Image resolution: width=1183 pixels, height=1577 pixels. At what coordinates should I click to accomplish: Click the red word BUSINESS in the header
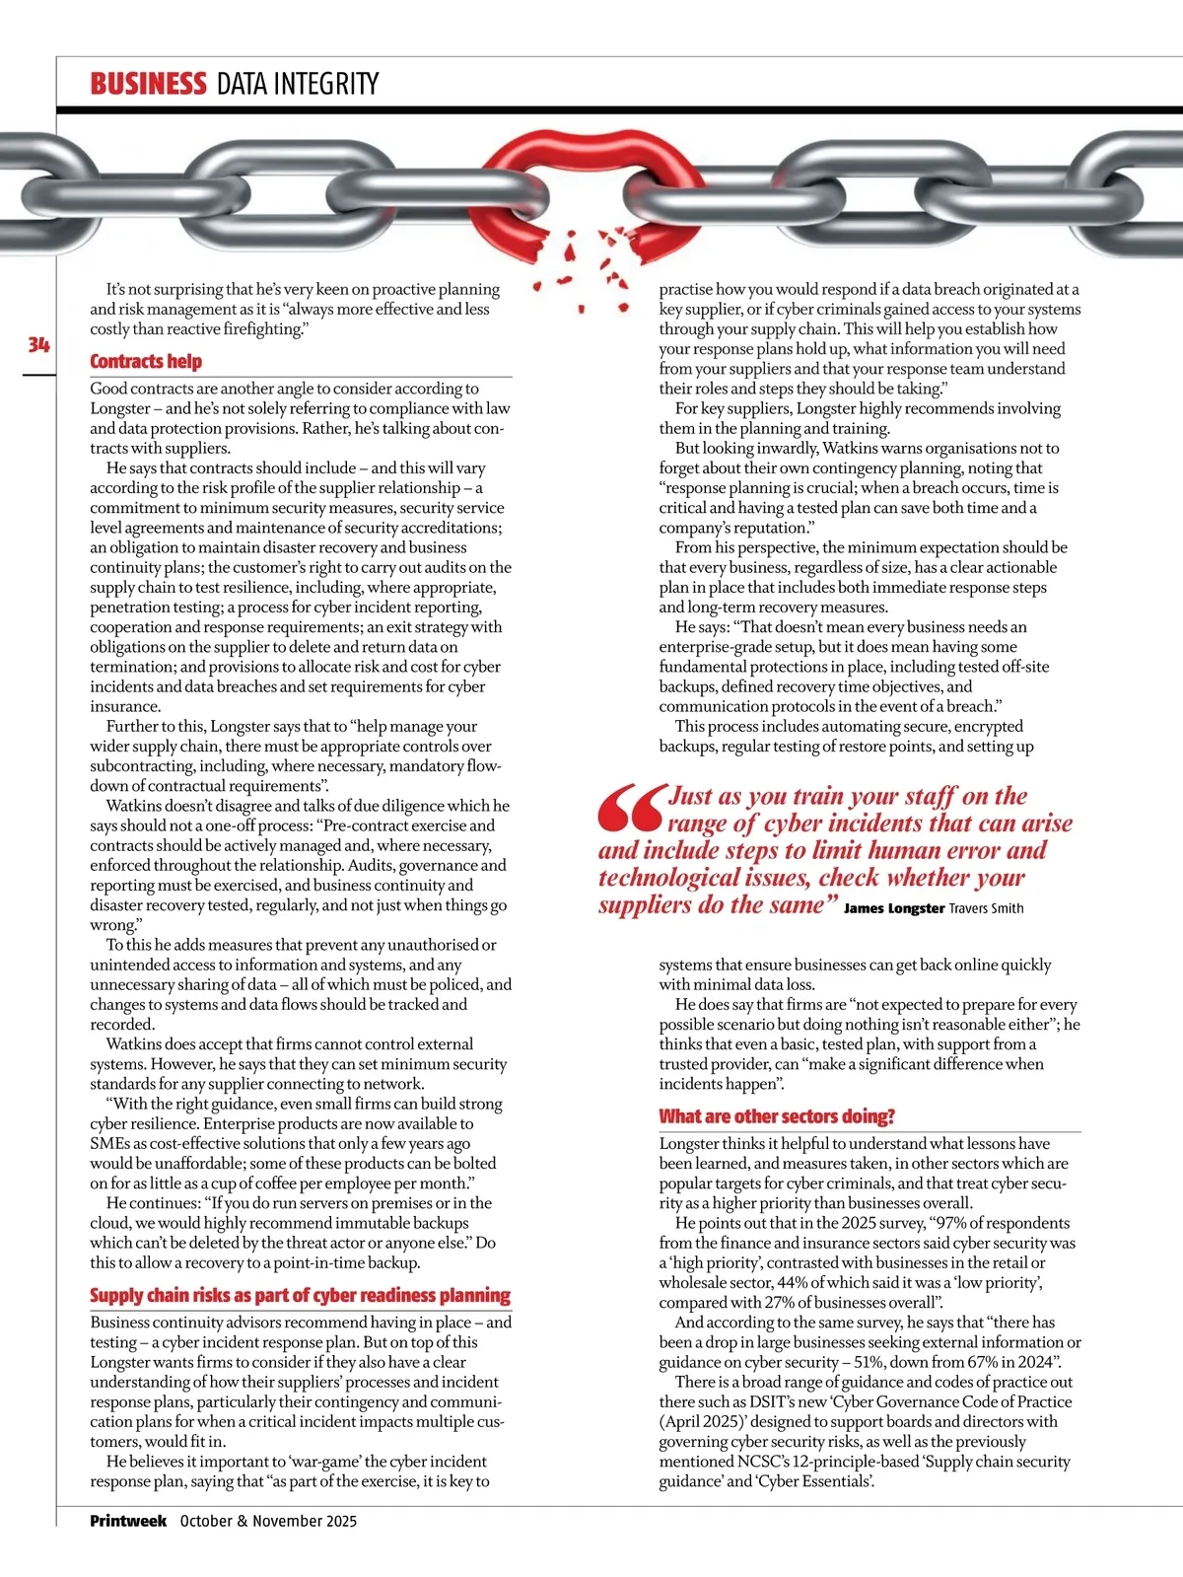tap(148, 84)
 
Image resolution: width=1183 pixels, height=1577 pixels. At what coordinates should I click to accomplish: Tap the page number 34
tap(38, 344)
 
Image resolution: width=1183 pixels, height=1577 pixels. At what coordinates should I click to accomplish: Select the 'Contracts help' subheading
tap(146, 361)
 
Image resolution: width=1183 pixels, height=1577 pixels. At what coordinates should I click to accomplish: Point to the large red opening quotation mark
tap(629, 809)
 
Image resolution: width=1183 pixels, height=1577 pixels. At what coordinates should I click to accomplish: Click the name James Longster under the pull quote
tap(894, 908)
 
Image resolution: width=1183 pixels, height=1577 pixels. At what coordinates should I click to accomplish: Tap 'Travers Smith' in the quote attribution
tap(986, 908)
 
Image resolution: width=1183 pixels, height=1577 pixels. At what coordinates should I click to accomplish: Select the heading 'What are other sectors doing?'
tap(777, 1116)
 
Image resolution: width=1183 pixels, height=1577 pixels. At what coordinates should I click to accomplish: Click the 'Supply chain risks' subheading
tap(300, 1295)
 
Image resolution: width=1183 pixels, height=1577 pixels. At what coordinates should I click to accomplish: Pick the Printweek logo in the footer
tap(128, 1521)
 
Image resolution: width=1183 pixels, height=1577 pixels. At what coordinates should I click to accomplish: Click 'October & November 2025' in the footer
tap(268, 1521)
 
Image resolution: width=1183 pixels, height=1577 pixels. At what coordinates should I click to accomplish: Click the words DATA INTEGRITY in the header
tap(298, 84)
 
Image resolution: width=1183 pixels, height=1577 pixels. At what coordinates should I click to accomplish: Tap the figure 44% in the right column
tap(797, 1282)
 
